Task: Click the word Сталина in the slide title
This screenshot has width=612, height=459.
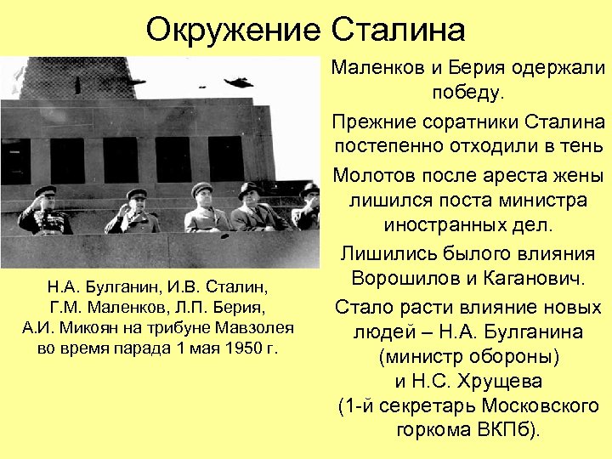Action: [397, 30]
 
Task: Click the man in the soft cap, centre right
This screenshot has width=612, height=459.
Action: [203, 208]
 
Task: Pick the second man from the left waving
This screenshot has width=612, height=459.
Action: [133, 212]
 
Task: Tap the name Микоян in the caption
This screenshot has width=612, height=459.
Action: [86, 327]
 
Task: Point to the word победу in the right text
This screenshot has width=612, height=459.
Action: [468, 90]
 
